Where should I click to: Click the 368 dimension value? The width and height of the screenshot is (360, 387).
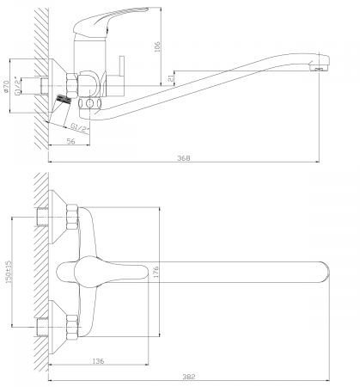tap(184, 157)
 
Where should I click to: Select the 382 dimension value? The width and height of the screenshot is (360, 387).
tap(189, 377)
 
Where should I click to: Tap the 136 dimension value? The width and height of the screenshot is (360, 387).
tap(98, 361)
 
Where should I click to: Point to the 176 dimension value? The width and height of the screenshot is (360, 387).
tap(156, 272)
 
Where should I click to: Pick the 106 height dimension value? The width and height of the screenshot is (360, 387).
tap(157, 46)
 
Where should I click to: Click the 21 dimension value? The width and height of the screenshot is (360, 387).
tap(171, 77)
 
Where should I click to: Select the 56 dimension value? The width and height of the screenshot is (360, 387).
tap(70, 141)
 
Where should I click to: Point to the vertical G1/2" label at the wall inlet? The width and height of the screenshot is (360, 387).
tap(18, 85)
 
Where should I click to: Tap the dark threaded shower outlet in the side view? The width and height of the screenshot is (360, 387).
tap(64, 100)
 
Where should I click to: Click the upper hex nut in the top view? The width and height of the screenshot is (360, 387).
tap(72, 217)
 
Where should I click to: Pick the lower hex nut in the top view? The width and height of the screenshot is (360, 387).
tap(72, 328)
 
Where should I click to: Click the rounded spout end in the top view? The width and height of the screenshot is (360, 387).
tap(326, 272)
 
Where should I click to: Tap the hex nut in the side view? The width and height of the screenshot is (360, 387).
tap(72, 86)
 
